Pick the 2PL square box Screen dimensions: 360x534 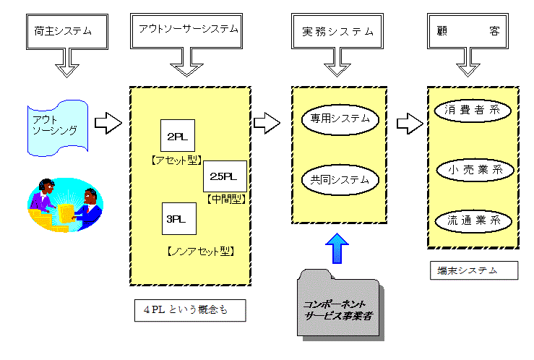click(x=174, y=135)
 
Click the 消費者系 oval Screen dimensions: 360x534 click(x=473, y=111)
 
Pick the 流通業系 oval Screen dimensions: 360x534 click(x=473, y=220)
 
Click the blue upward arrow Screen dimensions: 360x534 click(x=337, y=247)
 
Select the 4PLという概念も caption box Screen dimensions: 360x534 click(x=189, y=310)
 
